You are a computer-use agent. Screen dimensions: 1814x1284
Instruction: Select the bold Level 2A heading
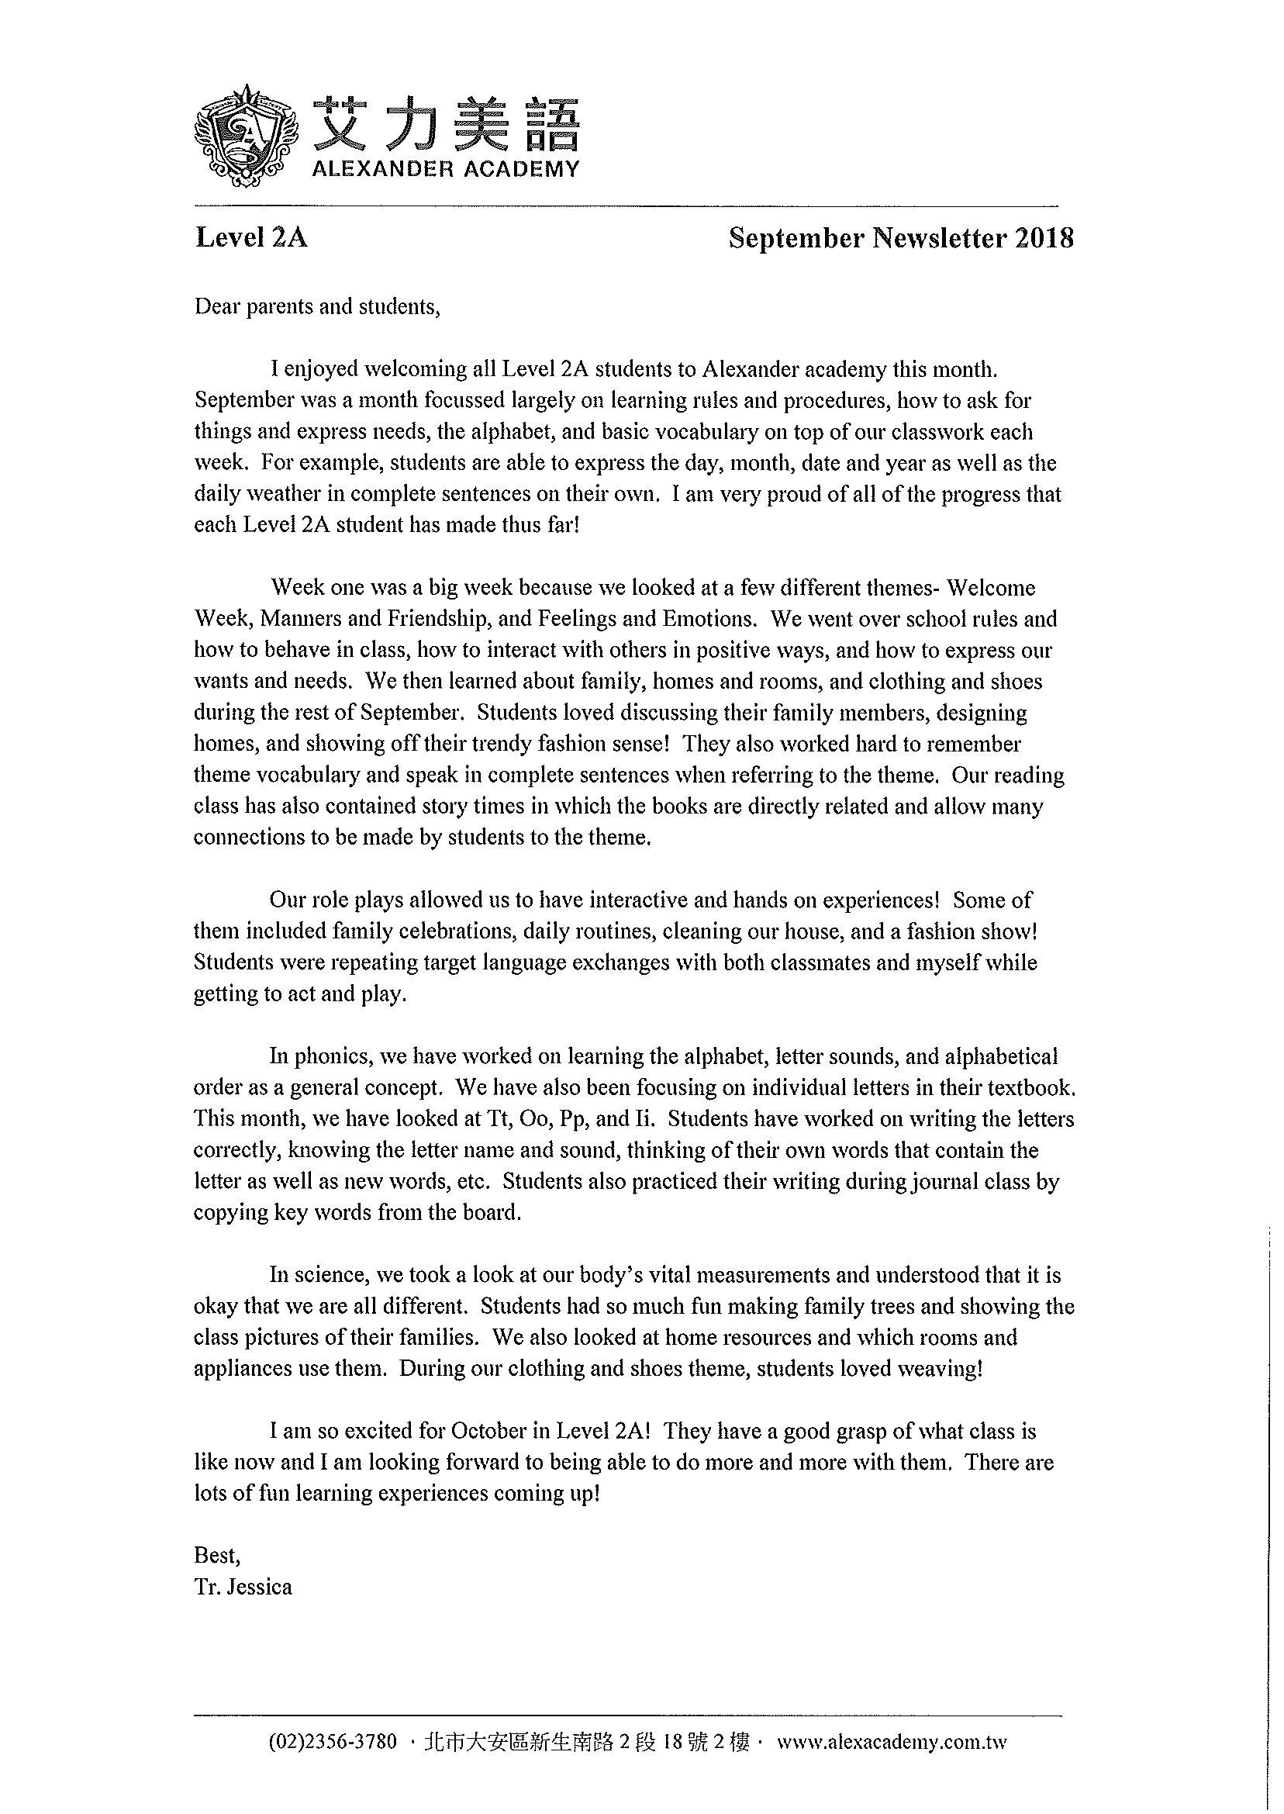[x=250, y=237]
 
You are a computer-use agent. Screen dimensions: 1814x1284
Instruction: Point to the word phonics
[x=330, y=1056]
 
